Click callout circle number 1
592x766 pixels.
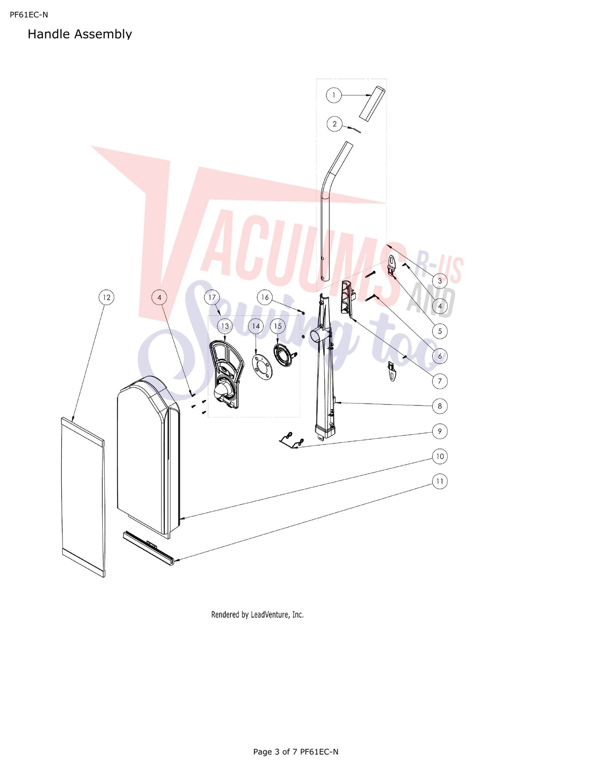coord(334,95)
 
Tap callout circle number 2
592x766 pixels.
coord(334,124)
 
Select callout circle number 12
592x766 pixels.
coord(107,297)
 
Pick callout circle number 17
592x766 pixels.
coord(212,297)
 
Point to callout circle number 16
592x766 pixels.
coord(265,297)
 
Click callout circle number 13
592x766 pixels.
coord(225,326)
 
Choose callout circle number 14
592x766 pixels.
coord(256,326)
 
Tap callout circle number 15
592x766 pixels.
coord(278,326)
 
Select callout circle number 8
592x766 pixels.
coord(440,406)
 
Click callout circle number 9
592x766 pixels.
coord(440,431)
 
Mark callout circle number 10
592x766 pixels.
coord(440,456)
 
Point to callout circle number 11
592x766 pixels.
coord(440,481)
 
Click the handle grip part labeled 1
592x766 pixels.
coord(373,104)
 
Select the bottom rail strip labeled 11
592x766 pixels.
coord(148,548)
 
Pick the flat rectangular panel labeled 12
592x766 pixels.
coord(83,497)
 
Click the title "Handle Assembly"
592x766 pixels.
coord(80,34)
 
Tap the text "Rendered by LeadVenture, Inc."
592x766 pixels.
coord(257,615)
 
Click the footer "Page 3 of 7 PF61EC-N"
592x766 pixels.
coord(296,752)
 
